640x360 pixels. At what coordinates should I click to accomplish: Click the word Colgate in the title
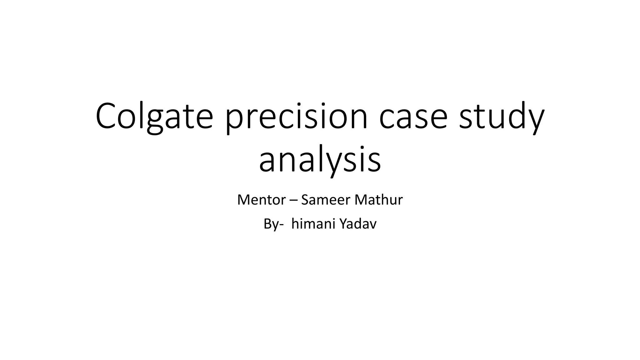pyautogui.click(x=154, y=116)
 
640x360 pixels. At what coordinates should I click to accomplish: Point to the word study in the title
pyautogui.click(x=502, y=116)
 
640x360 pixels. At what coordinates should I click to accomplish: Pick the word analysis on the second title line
pyautogui.click(x=320, y=160)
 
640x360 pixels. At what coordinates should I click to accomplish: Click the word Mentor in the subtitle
pyautogui.click(x=261, y=200)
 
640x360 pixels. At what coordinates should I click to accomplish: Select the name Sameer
pyautogui.click(x=325, y=200)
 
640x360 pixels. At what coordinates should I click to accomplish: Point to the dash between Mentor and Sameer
pyautogui.click(x=293, y=200)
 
